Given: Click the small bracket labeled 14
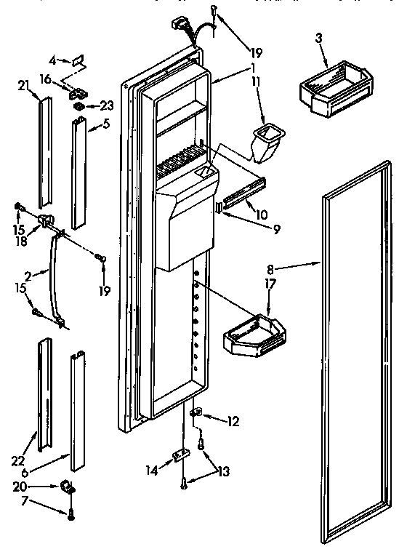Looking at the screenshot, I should (179, 456).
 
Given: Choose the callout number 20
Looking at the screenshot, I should (22, 486).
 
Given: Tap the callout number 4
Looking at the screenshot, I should (52, 60).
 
